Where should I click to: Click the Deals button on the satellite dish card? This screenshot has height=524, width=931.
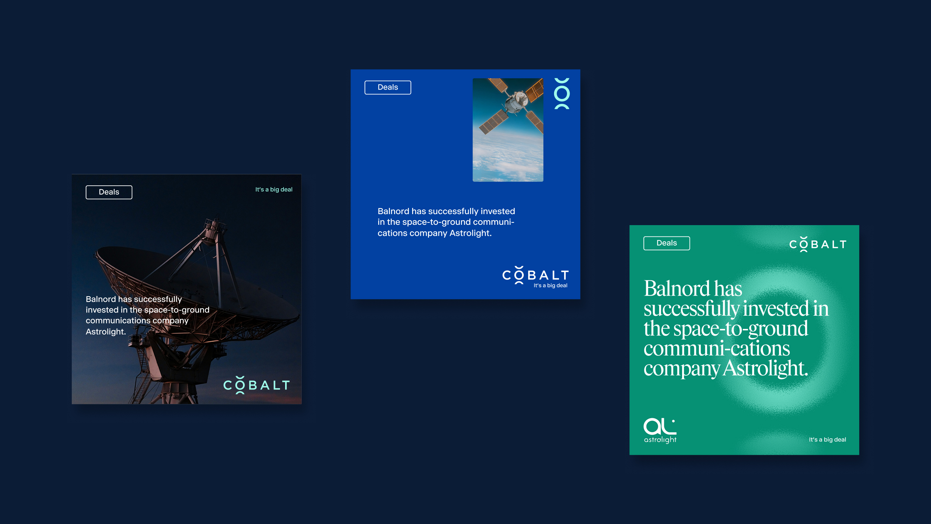(x=109, y=192)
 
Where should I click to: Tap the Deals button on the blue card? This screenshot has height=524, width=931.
(x=388, y=87)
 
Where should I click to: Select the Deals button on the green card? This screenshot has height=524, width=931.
(x=667, y=243)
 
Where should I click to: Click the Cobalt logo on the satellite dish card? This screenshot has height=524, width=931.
(x=257, y=385)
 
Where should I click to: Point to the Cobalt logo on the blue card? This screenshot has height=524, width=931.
(x=536, y=275)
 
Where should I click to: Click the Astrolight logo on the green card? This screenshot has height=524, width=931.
(x=660, y=430)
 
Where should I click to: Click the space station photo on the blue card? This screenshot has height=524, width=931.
(x=508, y=130)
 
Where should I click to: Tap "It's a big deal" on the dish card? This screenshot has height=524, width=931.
(x=274, y=190)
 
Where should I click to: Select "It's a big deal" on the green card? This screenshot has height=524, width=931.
(x=827, y=439)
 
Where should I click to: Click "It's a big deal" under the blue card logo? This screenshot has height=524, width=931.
(x=551, y=285)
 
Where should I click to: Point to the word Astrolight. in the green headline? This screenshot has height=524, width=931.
(x=765, y=368)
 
